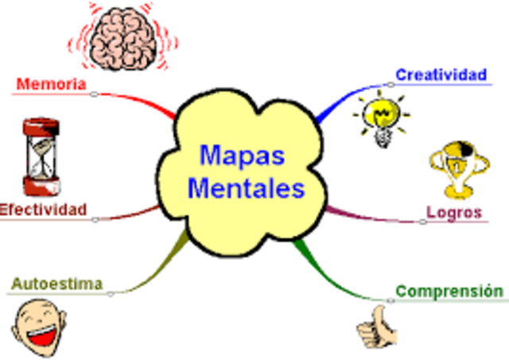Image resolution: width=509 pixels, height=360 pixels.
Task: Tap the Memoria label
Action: [x=51, y=83]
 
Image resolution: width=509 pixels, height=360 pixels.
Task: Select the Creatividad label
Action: [x=441, y=75]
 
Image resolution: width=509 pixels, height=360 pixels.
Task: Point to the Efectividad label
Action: [x=43, y=210]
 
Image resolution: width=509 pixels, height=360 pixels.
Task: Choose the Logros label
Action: [x=454, y=212]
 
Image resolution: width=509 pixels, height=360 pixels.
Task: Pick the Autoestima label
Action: [x=56, y=284]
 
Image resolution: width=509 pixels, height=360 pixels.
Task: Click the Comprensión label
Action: [x=449, y=291]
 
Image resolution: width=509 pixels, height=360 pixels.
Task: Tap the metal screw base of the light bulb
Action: [x=383, y=138]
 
